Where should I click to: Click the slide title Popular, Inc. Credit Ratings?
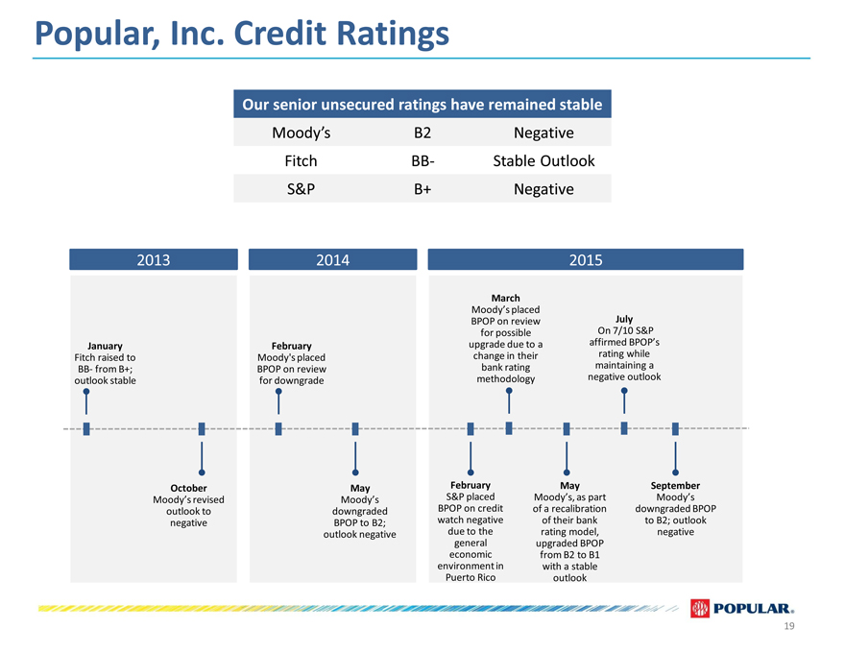241,34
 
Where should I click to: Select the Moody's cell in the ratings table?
301,133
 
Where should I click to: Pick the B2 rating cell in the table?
422,133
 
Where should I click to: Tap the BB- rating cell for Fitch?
422,160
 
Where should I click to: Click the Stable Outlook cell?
543,160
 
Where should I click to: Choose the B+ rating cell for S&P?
422,189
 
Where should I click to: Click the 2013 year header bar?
154,259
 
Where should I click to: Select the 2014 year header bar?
332,259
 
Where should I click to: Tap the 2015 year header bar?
586,259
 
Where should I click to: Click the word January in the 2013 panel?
105,346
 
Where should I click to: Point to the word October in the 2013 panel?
188,488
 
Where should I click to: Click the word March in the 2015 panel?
505,298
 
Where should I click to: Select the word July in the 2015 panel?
624,319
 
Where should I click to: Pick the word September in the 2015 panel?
675,486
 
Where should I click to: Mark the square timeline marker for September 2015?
675,429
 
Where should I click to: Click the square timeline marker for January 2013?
86,429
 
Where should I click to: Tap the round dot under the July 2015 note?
624,391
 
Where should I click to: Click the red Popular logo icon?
700,608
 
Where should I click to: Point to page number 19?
789,626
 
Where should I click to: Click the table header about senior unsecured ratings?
422,104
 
